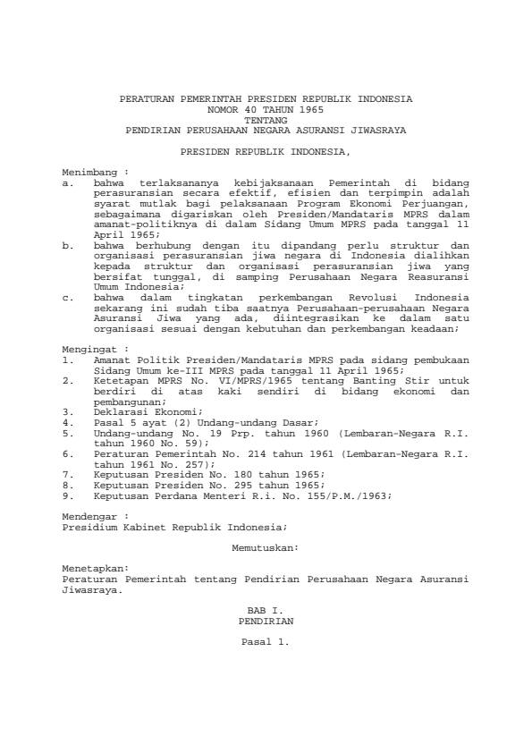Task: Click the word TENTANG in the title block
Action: pyautogui.click(x=265, y=118)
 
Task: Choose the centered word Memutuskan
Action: pyautogui.click(x=265, y=544)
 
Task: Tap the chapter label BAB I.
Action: pyautogui.click(x=265, y=608)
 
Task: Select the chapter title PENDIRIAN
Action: pyautogui.click(x=265, y=619)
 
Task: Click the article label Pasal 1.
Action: pyautogui.click(x=265, y=641)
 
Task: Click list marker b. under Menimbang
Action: pyautogui.click(x=67, y=242)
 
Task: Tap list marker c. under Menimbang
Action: pyautogui.click(x=67, y=295)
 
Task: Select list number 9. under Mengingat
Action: pyautogui.click(x=67, y=495)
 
